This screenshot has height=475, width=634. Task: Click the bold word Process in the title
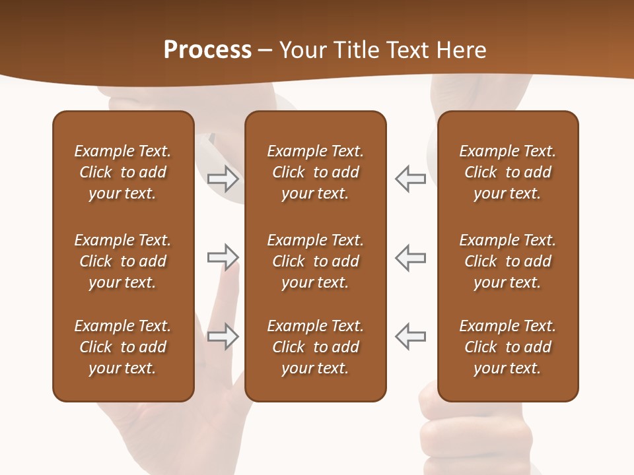(x=207, y=50)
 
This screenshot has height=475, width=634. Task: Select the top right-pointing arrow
(x=223, y=178)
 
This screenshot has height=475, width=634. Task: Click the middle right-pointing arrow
(x=223, y=257)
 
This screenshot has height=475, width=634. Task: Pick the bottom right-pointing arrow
(x=223, y=336)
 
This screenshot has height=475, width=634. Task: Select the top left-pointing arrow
(x=411, y=178)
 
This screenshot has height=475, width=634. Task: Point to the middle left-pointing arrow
(x=411, y=257)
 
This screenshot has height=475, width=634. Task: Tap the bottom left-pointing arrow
(x=411, y=336)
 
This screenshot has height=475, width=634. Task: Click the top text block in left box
(x=123, y=172)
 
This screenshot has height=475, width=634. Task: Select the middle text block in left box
(x=123, y=261)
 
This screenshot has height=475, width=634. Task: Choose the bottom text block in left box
(x=123, y=347)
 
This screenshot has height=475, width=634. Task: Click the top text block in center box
(x=316, y=172)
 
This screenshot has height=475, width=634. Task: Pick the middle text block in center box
(x=316, y=261)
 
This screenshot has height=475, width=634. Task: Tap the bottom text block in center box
(x=316, y=347)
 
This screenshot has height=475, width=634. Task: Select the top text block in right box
(x=508, y=172)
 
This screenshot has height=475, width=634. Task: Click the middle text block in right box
(x=508, y=261)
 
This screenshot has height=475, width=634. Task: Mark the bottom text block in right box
(x=508, y=347)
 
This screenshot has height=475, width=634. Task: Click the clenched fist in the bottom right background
(x=475, y=435)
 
